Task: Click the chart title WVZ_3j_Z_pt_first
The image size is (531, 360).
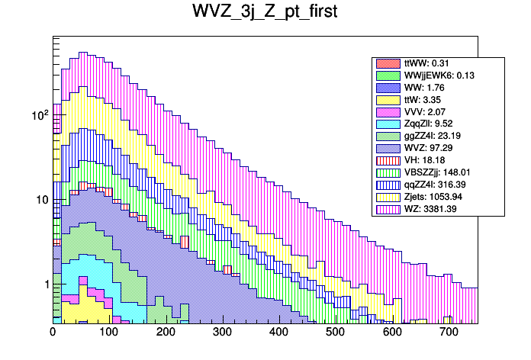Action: pyautogui.click(x=265, y=14)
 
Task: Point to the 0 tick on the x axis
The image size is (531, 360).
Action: pyautogui.click(x=53, y=333)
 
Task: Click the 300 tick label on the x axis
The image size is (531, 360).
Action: pyautogui.click(x=223, y=333)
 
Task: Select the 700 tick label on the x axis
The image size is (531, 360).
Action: pyautogui.click(x=449, y=333)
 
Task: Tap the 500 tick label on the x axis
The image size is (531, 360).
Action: pyautogui.click(x=336, y=333)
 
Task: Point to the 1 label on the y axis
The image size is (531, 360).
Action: pyautogui.click(x=45, y=284)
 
